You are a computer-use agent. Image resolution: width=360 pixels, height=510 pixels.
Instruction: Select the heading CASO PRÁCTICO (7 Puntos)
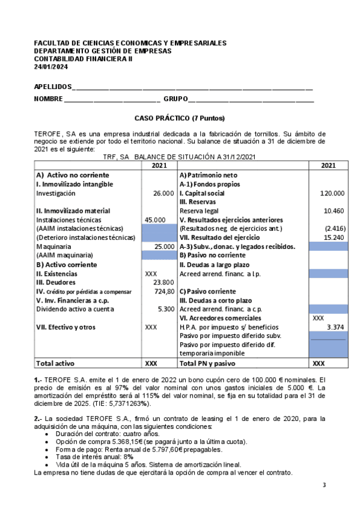pyautogui.click(x=180, y=118)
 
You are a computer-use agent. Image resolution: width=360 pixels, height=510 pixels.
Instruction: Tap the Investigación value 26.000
pyautogui.click(x=164, y=194)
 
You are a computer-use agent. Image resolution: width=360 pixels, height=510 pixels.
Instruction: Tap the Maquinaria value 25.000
pyautogui.click(x=164, y=247)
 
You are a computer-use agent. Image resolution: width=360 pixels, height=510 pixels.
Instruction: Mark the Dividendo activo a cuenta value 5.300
pyautogui.click(x=166, y=309)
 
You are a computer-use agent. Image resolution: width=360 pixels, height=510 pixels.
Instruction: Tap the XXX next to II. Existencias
pyautogui.click(x=151, y=273)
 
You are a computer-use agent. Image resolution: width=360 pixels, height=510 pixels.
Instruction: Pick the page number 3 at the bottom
pyautogui.click(x=324, y=485)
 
